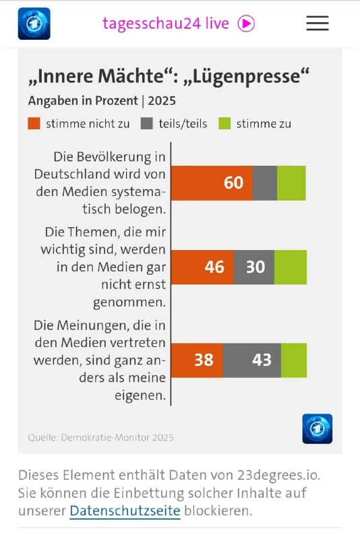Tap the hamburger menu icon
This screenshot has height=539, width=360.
[318, 23]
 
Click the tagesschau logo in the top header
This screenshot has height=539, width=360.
[34, 24]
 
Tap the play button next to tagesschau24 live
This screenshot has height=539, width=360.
[246, 24]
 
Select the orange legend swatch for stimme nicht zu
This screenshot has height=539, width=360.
[34, 123]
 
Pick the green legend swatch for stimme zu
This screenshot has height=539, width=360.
[225, 123]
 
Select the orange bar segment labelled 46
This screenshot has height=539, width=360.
[203, 267]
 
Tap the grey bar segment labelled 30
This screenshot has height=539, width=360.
[254, 267]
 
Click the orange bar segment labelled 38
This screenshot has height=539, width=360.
[198, 360]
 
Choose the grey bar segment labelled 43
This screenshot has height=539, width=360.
[252, 360]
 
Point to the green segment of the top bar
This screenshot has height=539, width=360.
[291, 183]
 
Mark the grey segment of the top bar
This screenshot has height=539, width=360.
[265, 183]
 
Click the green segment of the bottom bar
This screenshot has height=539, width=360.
[294, 360]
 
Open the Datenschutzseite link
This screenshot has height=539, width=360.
[125, 511]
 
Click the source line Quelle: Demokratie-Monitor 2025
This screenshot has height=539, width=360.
[100, 437]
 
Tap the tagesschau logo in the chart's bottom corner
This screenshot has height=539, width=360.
[317, 429]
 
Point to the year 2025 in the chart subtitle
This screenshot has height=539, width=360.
[162, 101]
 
